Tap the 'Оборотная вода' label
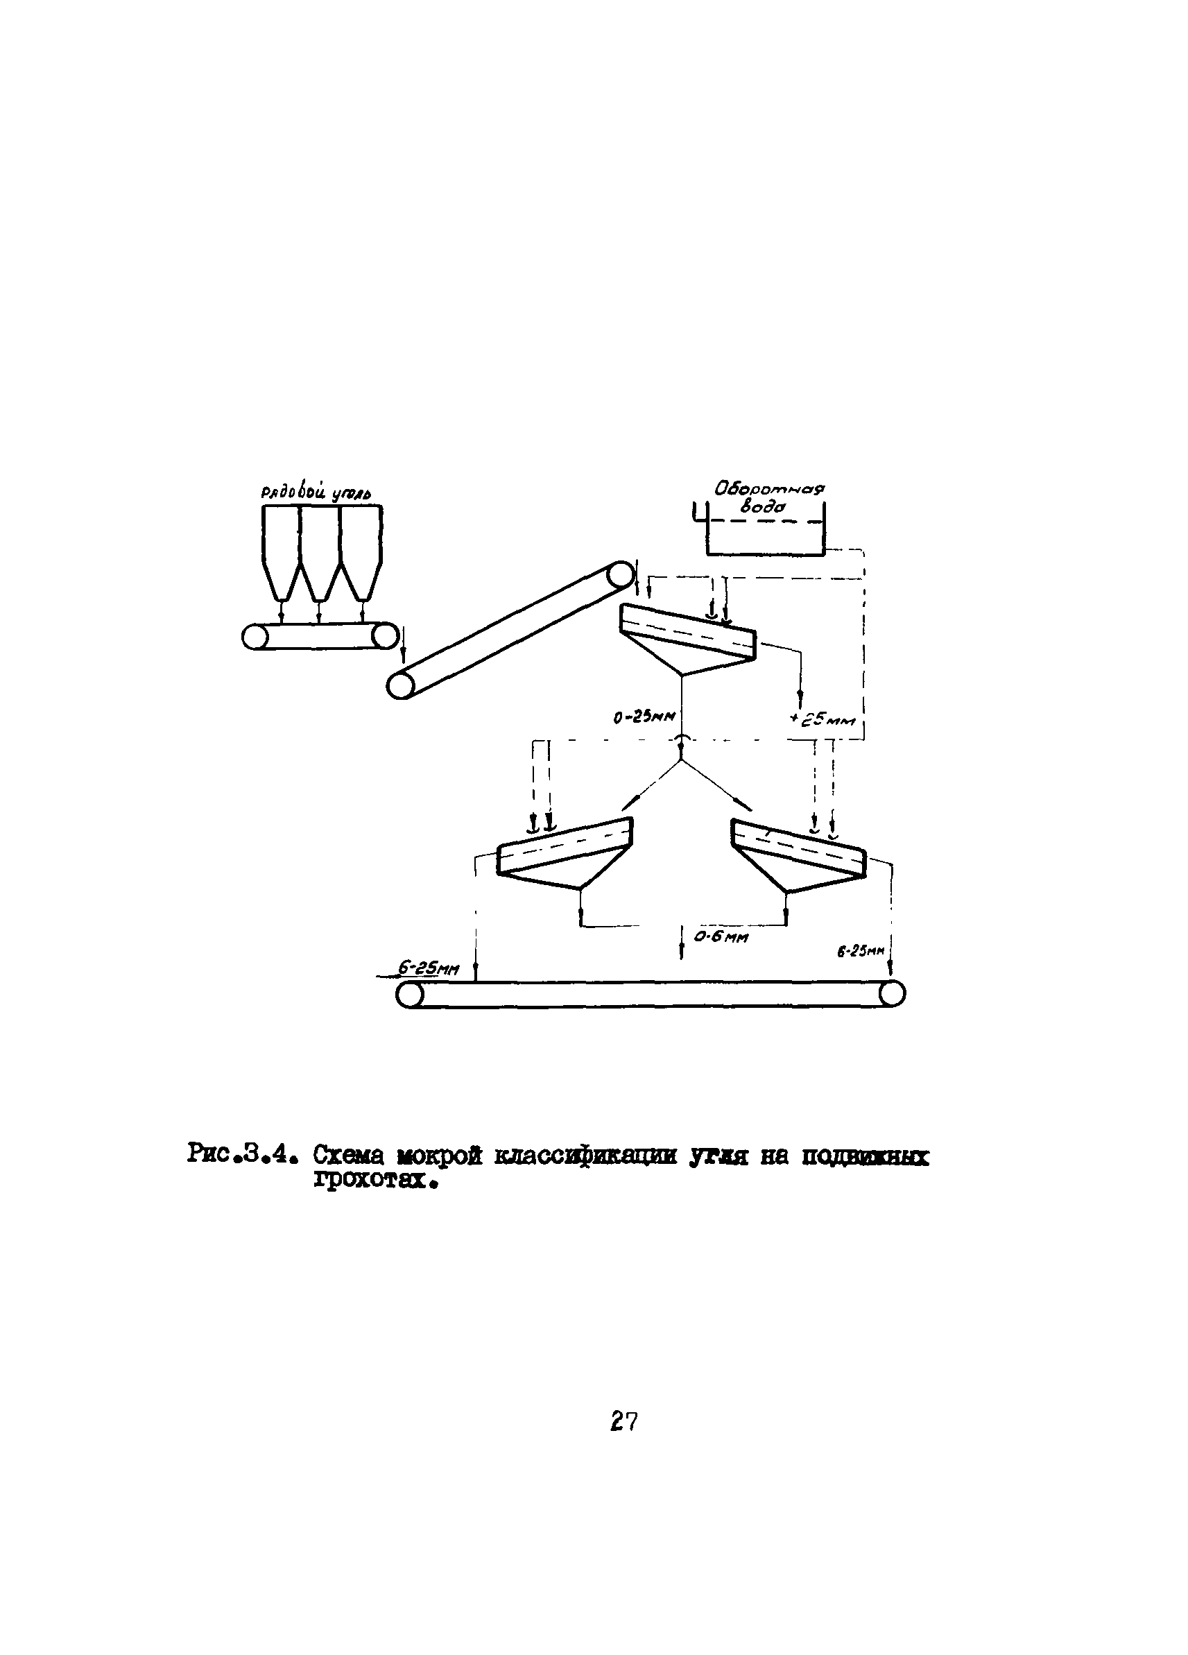(768, 496)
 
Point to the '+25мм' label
(821, 721)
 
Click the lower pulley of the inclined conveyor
(401, 686)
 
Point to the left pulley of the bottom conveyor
(409, 994)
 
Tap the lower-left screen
(563, 852)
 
